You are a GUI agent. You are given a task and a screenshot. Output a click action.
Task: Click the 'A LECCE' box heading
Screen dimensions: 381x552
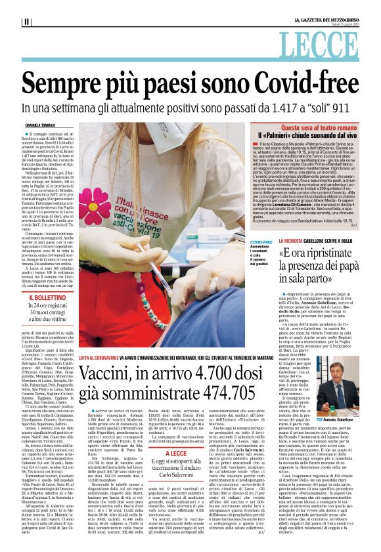click(x=177, y=452)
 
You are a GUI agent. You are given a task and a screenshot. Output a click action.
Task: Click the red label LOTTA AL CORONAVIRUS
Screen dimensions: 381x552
click(x=108, y=358)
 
